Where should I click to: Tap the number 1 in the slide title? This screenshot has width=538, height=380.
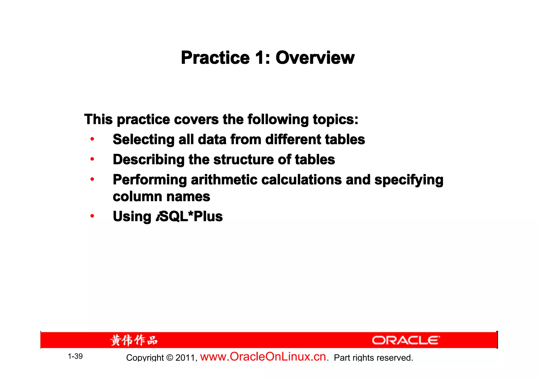259,58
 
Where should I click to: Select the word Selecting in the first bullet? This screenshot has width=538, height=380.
143,139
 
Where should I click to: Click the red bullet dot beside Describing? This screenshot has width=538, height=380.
92,159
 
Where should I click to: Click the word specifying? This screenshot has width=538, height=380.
408,180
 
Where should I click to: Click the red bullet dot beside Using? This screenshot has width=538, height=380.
92,216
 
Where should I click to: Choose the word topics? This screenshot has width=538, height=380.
335,120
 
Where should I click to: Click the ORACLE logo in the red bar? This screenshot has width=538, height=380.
406,340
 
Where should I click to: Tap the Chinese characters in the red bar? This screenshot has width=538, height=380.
134,340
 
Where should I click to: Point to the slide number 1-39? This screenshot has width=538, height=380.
75,356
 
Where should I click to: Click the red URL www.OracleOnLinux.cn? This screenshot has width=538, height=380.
263,357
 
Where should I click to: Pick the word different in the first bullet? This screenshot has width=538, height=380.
293,139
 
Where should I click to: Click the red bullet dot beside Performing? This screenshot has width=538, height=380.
92,180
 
